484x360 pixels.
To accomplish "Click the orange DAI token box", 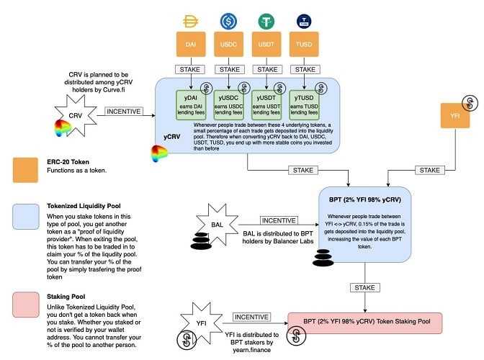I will pos(191,45).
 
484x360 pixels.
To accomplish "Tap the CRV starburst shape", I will pos(73,116).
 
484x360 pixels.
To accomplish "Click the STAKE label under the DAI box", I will pos(191,70).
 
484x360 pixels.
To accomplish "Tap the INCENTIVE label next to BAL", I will pos(278,220).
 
